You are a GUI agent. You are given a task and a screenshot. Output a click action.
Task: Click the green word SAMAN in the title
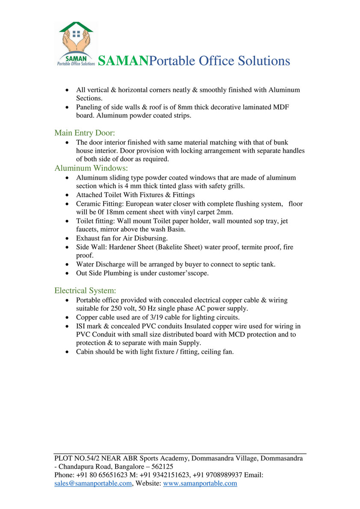pyautogui.click(x=123, y=61)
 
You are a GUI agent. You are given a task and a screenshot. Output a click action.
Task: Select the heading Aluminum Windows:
pyautogui.click(x=91, y=168)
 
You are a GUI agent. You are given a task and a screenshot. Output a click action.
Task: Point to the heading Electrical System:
pyautogui.click(x=85, y=291)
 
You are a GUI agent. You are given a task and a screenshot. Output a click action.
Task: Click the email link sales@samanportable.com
pyautogui.click(x=93, y=483)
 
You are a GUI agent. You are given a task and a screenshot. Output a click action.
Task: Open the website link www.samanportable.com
pyautogui.click(x=200, y=483)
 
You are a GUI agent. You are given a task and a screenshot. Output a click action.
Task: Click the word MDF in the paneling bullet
pyautogui.click(x=281, y=107)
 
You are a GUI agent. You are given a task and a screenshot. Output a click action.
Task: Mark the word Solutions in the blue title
pyautogui.click(x=263, y=61)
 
